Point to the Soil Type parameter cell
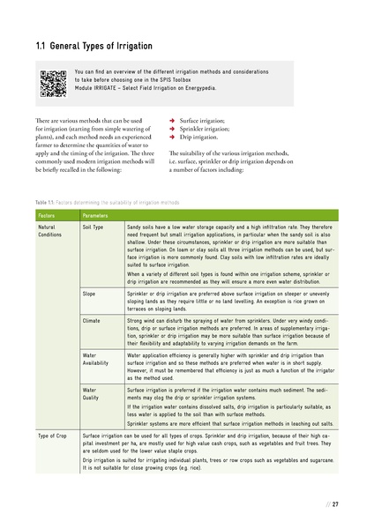(x=93, y=227)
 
